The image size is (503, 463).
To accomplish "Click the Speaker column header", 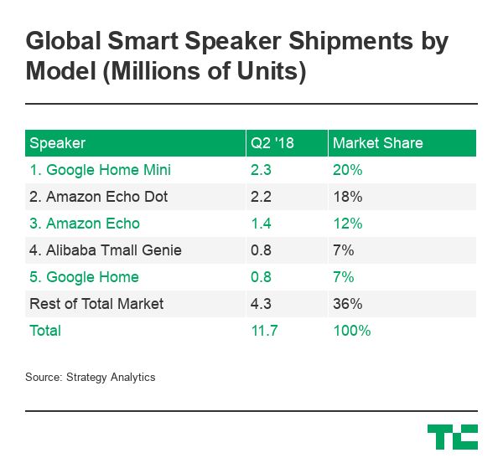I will (58, 143).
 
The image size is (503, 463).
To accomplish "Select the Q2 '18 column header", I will (272, 143).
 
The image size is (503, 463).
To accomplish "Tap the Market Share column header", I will (377, 143).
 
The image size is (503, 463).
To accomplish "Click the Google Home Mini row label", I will (100, 170).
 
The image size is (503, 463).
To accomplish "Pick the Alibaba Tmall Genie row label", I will (105, 250).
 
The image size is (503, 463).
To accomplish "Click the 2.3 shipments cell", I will (260, 170).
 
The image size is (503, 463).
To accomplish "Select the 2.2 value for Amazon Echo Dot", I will (260, 197).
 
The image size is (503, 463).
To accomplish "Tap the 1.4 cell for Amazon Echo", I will (260, 224).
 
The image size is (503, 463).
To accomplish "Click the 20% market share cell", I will (347, 170).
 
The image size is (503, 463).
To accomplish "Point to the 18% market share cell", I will (347, 197).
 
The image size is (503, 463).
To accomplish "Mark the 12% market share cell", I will (347, 224).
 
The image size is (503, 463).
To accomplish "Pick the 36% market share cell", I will (347, 304).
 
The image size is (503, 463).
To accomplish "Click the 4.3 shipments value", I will (260, 304).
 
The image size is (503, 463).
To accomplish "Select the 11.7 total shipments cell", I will (263, 331).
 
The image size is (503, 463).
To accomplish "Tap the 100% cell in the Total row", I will (351, 331).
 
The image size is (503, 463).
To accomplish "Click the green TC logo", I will (452, 436).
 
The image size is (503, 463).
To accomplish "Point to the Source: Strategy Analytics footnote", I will (91, 377).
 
